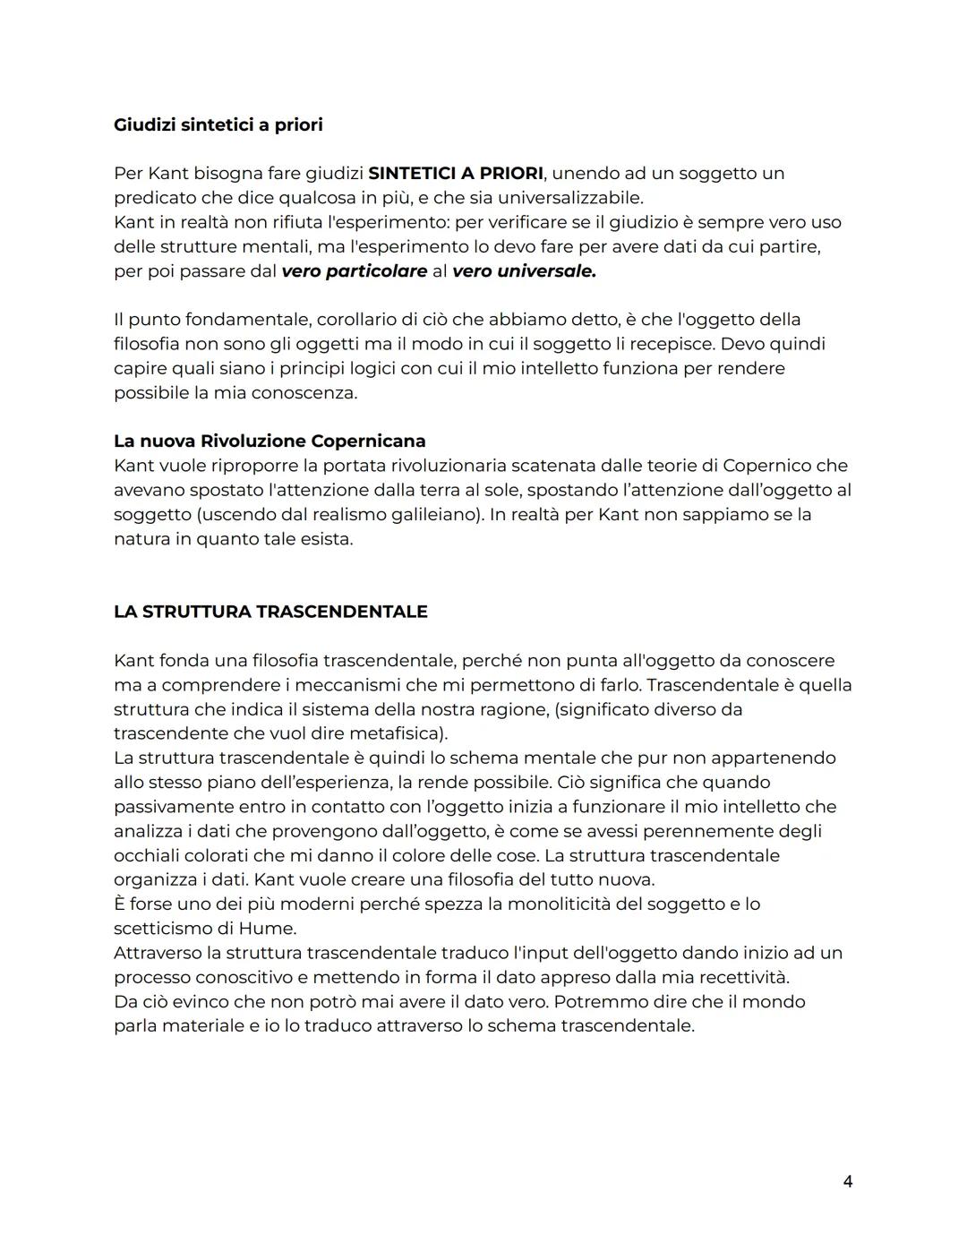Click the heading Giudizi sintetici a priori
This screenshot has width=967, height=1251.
tap(218, 124)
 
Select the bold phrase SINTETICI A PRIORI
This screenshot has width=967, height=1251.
tap(455, 173)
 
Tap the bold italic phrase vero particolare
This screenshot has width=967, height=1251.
tap(354, 270)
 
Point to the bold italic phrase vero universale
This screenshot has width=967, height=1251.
tap(524, 270)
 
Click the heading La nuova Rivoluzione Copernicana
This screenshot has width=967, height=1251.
tap(270, 441)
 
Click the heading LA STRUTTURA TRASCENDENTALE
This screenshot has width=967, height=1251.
tap(270, 612)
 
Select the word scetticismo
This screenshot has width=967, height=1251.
tap(166, 928)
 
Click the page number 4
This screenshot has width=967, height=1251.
tap(847, 1181)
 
